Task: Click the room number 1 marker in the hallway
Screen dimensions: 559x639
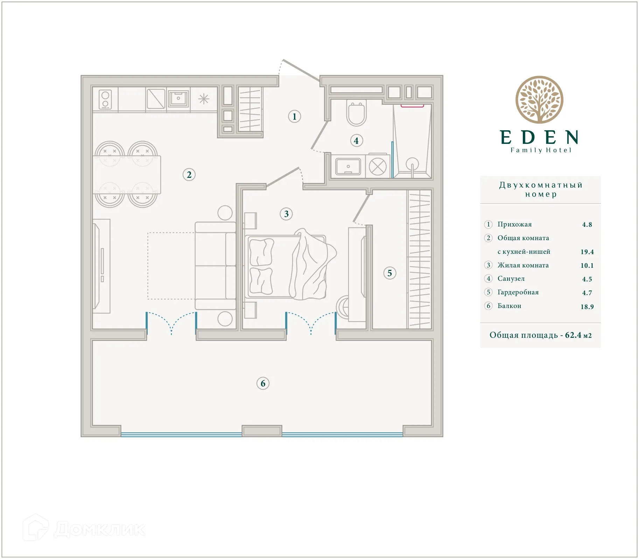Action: pos(294,117)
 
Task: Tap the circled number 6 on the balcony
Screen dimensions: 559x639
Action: pos(263,383)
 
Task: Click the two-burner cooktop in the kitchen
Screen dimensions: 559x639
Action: pos(105,99)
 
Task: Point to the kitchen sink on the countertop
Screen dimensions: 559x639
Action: pos(178,99)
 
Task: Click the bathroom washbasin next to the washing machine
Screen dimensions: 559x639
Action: pos(348,167)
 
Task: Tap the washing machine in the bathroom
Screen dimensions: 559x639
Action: pos(378,167)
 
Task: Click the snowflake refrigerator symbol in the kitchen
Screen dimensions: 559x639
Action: pos(204,99)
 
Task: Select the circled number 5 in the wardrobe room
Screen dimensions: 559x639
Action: pos(389,273)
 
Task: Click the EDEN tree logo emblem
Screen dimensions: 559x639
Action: pos(539,100)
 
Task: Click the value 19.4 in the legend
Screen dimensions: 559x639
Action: pos(587,252)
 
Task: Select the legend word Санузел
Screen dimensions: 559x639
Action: pos(511,279)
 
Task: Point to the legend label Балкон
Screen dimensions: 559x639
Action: pos(509,306)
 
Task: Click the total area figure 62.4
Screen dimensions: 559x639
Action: pos(573,335)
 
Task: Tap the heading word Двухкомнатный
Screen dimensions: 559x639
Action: pos(541,185)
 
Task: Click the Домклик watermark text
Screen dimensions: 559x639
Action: pos(100,529)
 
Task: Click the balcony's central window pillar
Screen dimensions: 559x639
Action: pos(262,431)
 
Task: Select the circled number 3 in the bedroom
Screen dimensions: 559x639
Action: pos(286,214)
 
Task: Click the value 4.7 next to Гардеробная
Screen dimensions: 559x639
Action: pos(587,293)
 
